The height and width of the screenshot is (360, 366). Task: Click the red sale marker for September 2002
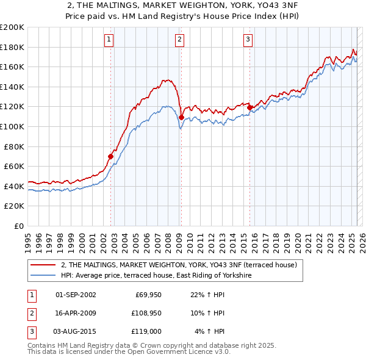[110, 156]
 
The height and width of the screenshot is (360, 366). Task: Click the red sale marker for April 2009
[181, 117]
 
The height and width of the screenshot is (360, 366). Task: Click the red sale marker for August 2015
[249, 107]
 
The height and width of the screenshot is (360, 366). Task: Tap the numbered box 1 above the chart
[109, 40]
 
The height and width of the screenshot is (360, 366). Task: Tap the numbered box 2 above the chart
[180, 40]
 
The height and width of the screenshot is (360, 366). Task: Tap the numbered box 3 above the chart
[248, 40]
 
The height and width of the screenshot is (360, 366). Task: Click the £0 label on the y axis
[19, 226]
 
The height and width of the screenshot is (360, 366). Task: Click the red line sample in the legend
[43, 265]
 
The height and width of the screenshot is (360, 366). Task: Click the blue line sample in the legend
[43, 276]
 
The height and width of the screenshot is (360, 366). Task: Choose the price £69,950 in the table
[148, 295]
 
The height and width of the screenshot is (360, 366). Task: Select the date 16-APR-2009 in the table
[76, 313]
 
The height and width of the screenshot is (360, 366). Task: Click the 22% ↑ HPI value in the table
[207, 295]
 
